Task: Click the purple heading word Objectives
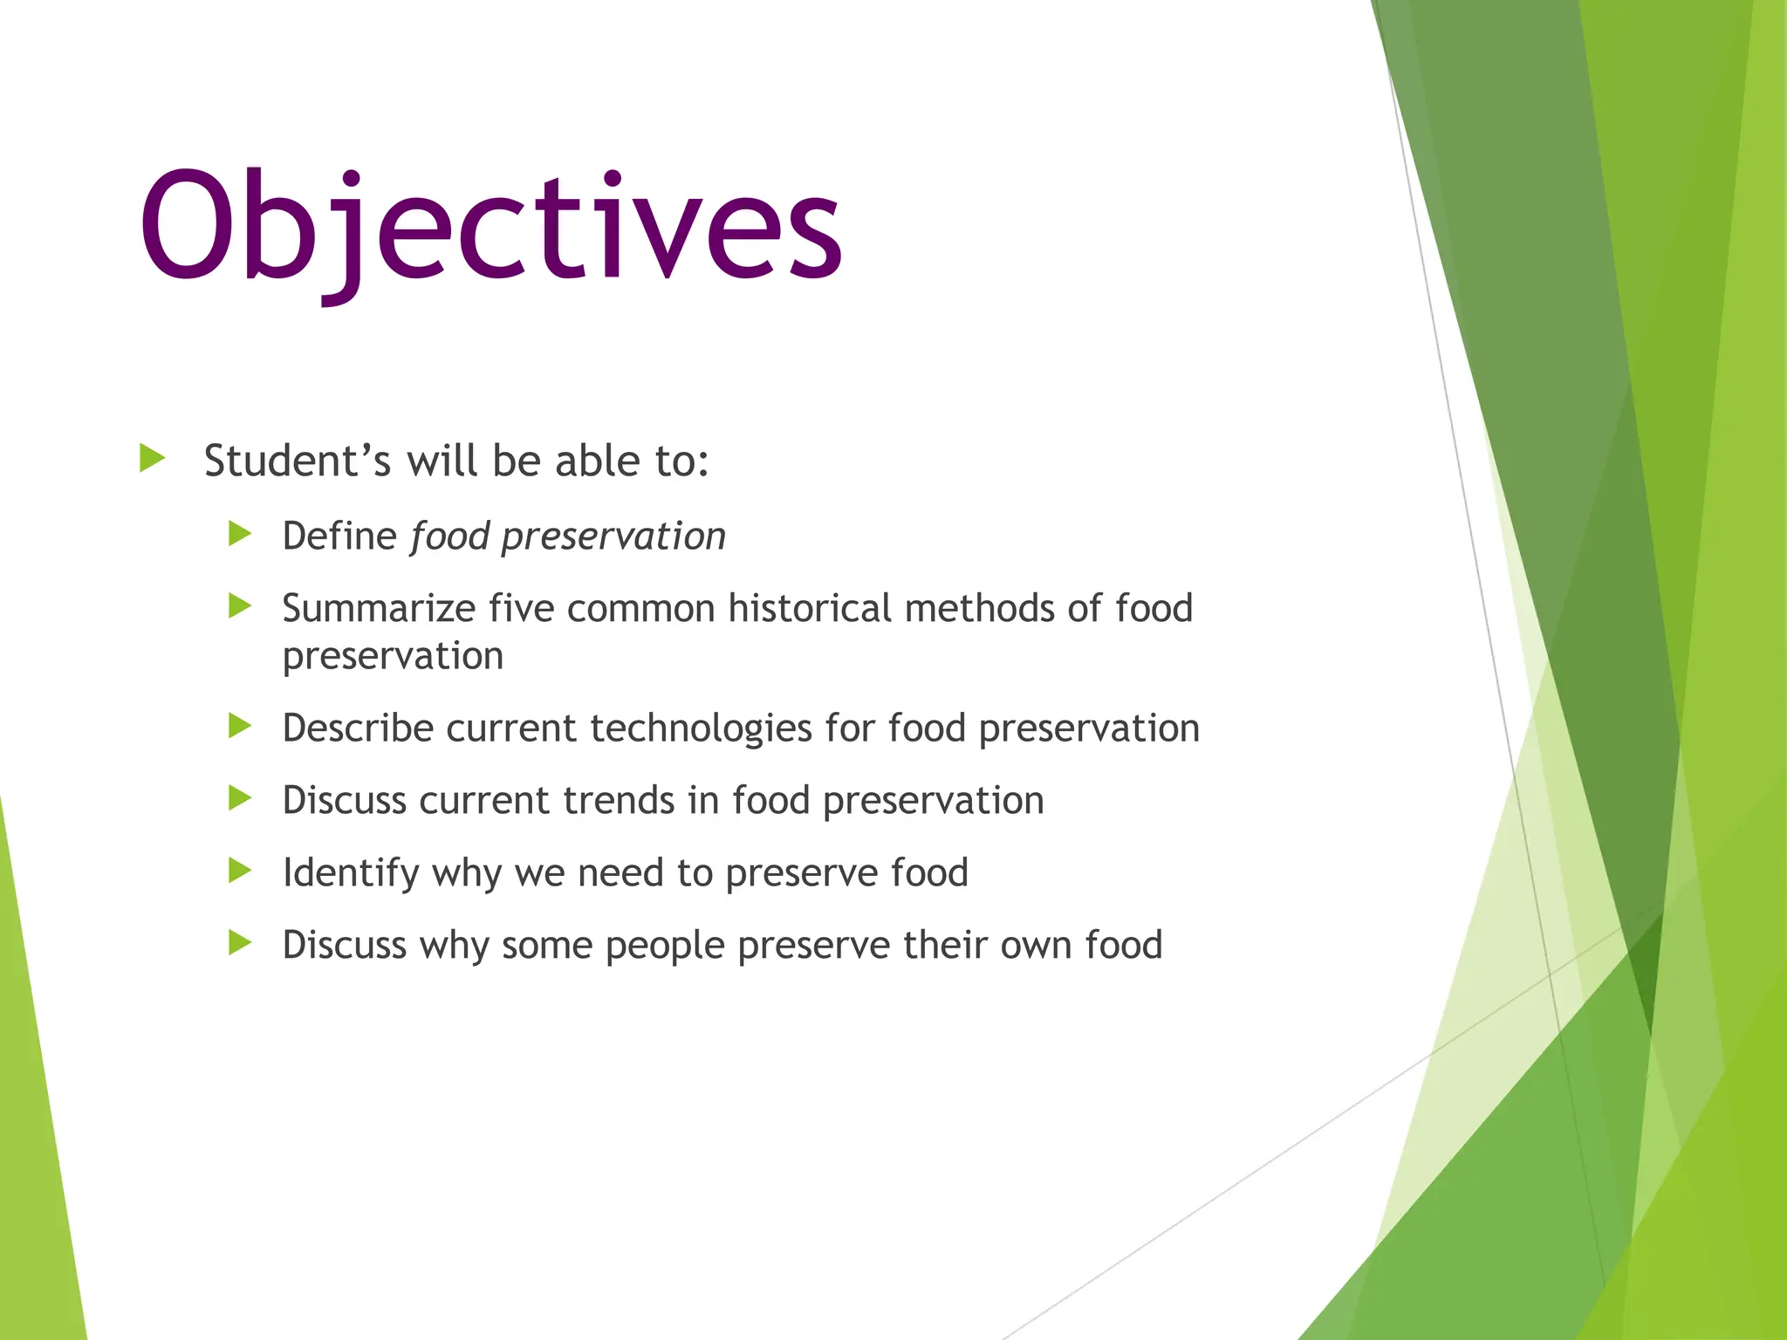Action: (490, 229)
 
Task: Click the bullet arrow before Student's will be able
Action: (152, 458)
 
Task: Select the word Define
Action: (339, 536)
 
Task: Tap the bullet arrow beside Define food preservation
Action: (240, 533)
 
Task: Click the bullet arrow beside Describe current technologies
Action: (240, 725)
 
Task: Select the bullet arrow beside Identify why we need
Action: (240, 870)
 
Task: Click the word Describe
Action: (358, 728)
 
